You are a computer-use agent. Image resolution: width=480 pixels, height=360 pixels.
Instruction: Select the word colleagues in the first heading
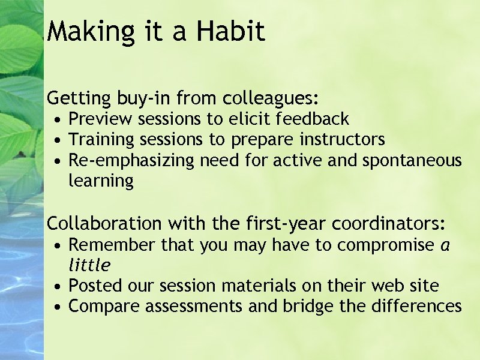(269, 98)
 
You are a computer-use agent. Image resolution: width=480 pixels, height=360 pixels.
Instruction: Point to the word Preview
(101, 119)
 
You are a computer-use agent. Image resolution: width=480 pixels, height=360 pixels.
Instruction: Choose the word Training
(102, 140)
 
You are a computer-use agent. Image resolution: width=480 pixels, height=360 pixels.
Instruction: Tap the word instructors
(342, 140)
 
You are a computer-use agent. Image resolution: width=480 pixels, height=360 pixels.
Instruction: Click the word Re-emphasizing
(132, 161)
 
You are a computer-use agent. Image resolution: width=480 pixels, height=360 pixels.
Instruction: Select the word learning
(101, 181)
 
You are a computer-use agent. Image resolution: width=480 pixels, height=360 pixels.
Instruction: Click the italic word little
(90, 265)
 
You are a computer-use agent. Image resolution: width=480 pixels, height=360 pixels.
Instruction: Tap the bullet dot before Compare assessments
(56, 307)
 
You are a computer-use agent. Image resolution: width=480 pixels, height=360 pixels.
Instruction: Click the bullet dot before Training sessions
(56, 141)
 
